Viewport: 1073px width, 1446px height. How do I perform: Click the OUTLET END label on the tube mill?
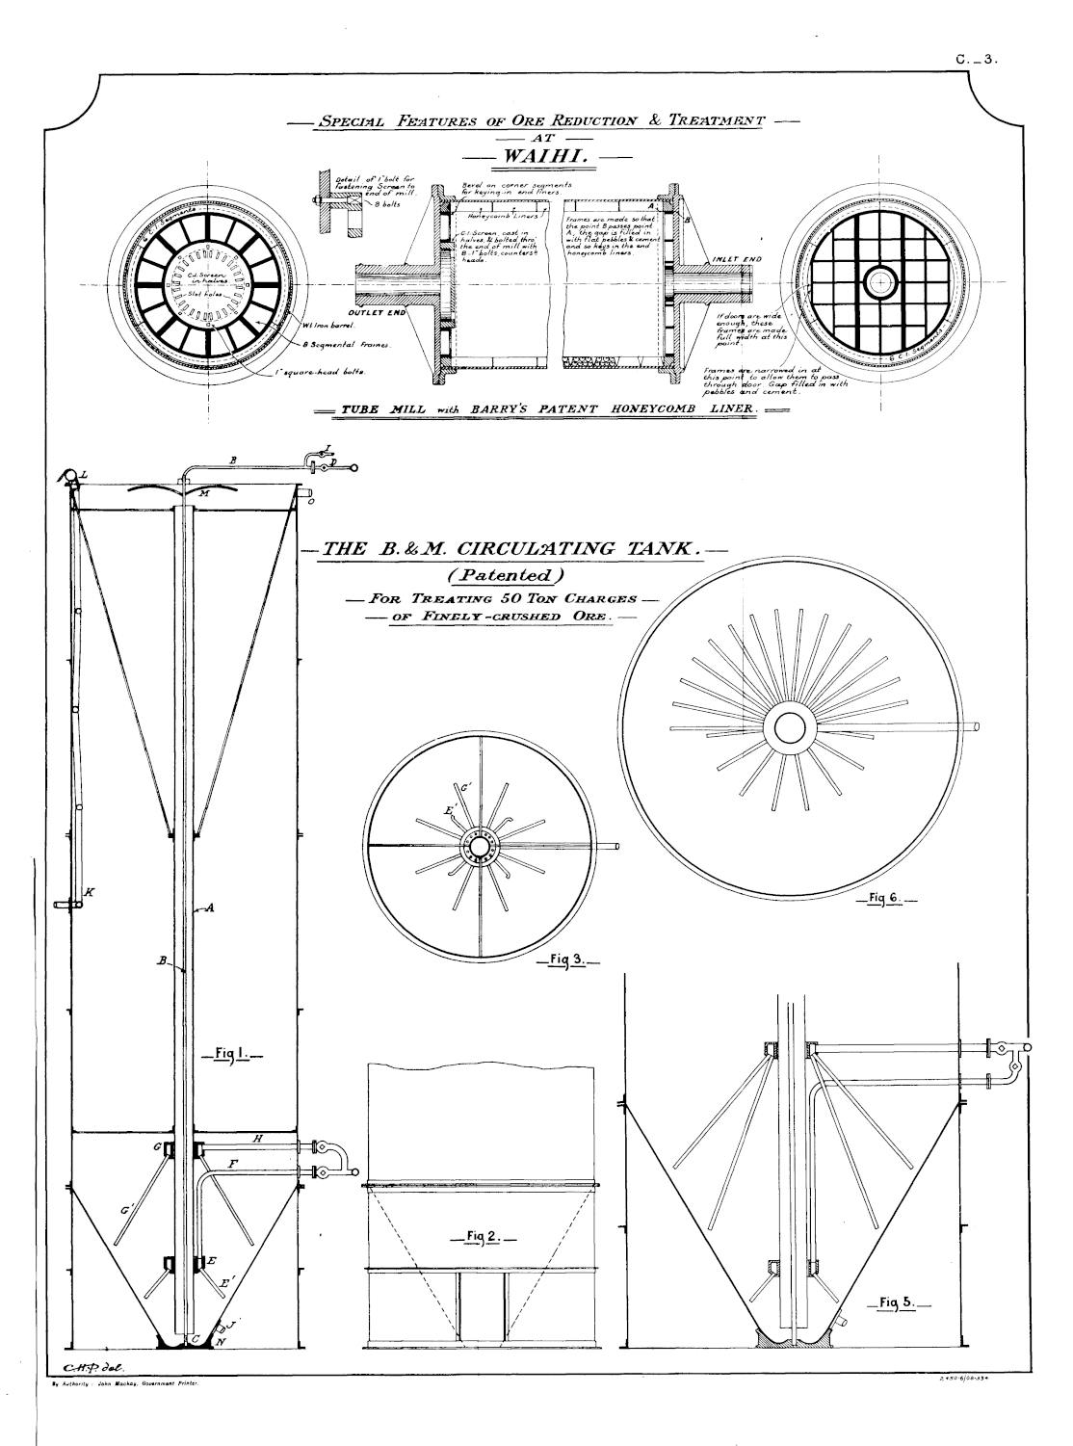point(383,314)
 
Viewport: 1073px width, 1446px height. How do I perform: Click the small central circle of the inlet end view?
point(879,282)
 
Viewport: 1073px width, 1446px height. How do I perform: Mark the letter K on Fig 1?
point(89,892)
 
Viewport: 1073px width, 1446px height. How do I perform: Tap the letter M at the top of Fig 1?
point(204,493)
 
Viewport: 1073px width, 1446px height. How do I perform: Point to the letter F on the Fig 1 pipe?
point(233,1164)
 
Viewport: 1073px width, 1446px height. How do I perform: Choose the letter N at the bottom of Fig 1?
point(222,1342)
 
